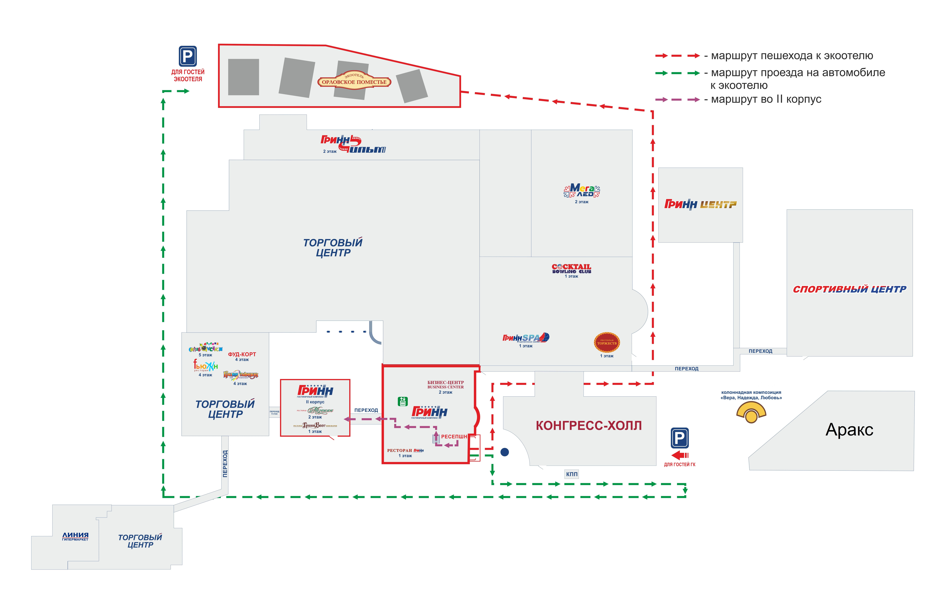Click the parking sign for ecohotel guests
188,56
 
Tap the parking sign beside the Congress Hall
679,438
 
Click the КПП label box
571,474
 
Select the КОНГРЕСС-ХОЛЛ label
588,426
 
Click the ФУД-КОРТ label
242,354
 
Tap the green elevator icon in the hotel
402,401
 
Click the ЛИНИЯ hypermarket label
75,536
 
